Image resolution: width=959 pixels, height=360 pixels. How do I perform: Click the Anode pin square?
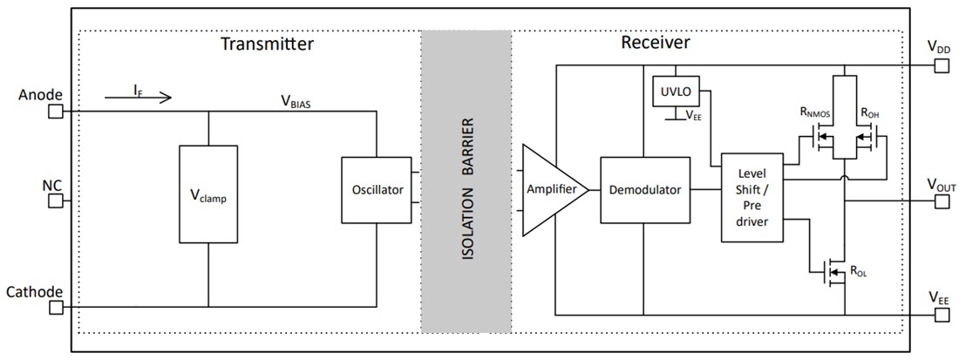pos(55,112)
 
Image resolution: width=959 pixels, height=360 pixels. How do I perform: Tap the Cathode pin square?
pos(55,307)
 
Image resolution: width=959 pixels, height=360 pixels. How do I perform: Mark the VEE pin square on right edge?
pos(941,314)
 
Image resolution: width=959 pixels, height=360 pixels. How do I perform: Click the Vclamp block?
pos(207,194)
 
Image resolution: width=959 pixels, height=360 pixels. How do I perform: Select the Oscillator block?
pos(375,189)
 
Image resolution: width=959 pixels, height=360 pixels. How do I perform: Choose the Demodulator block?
pos(645,189)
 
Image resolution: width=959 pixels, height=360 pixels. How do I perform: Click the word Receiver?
pos(655,43)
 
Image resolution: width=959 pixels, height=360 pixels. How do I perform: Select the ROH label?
pos(869,112)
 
